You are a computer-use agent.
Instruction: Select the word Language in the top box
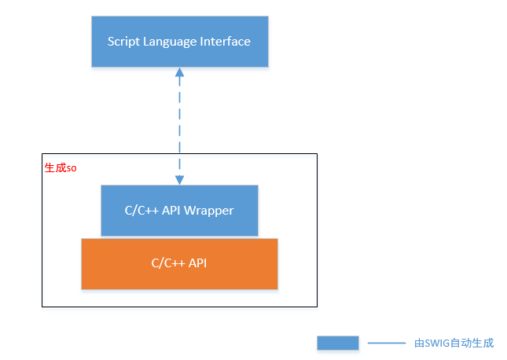[x=173, y=42]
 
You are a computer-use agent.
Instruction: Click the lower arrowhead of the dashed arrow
[x=179, y=179]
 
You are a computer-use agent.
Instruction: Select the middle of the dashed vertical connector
[x=179, y=126]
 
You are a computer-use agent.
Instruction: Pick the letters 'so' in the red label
[x=72, y=169]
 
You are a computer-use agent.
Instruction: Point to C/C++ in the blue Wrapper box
[x=142, y=211]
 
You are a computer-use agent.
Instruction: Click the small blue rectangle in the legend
[x=338, y=343]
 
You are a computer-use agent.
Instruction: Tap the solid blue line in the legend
[x=386, y=343]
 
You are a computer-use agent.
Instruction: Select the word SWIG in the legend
[x=436, y=343]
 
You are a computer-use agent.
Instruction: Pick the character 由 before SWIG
[x=419, y=343]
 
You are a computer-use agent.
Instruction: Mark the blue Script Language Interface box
[x=179, y=42]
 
